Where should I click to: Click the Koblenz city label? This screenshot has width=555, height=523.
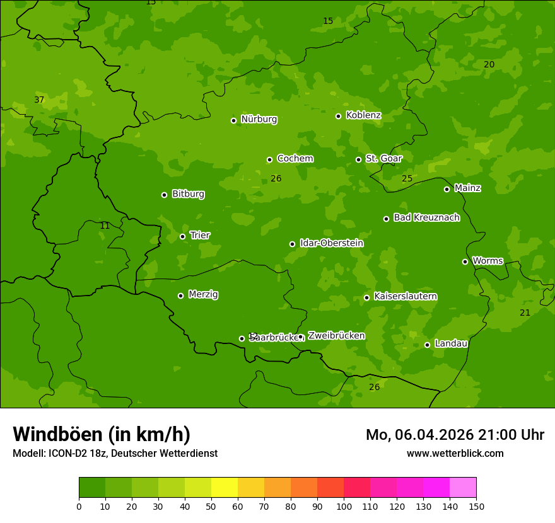[363, 115]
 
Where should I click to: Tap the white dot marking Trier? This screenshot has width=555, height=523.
[183, 237]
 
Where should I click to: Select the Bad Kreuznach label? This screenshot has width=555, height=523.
[426, 217]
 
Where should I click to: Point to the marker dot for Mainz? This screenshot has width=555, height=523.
[447, 189]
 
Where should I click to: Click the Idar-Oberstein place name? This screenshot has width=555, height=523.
[331, 243]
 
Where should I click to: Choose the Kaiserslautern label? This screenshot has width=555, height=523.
[405, 296]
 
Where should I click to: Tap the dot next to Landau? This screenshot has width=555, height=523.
[427, 345]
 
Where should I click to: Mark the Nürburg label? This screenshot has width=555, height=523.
[259, 119]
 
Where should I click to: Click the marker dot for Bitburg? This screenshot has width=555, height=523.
[164, 195]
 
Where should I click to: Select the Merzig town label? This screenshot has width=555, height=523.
[203, 294]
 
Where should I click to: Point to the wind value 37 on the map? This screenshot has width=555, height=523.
[39, 100]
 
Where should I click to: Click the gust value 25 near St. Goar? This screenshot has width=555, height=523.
[407, 179]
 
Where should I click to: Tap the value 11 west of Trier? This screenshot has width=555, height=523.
[105, 226]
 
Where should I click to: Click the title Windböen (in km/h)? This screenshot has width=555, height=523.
[102, 434]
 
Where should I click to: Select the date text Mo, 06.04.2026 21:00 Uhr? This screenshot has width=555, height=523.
[455, 435]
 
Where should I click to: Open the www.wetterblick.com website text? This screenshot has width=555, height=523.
[455, 454]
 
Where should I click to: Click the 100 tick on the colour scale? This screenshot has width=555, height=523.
[344, 506]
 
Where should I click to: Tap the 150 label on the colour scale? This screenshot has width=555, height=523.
[476, 506]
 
